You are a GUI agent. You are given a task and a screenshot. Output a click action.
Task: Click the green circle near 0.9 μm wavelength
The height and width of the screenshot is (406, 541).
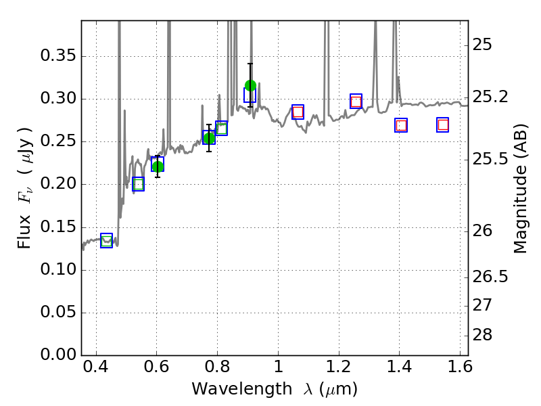(250, 85)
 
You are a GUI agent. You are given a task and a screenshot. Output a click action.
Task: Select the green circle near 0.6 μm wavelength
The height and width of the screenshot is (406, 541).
(158, 166)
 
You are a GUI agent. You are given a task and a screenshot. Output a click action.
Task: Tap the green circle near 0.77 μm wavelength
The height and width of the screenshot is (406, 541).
(209, 138)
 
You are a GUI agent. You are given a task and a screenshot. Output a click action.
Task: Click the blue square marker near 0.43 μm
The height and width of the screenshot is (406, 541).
(106, 240)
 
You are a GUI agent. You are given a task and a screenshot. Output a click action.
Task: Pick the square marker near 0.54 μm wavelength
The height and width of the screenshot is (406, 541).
(138, 184)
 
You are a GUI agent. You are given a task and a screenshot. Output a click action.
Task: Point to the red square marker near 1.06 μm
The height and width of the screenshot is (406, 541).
(298, 112)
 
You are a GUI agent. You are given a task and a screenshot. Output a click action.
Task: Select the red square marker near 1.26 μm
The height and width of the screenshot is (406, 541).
(356, 101)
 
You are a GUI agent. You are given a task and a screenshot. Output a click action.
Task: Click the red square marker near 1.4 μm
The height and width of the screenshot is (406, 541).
(401, 125)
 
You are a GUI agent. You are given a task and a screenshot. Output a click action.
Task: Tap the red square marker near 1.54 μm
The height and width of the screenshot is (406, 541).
(443, 125)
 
